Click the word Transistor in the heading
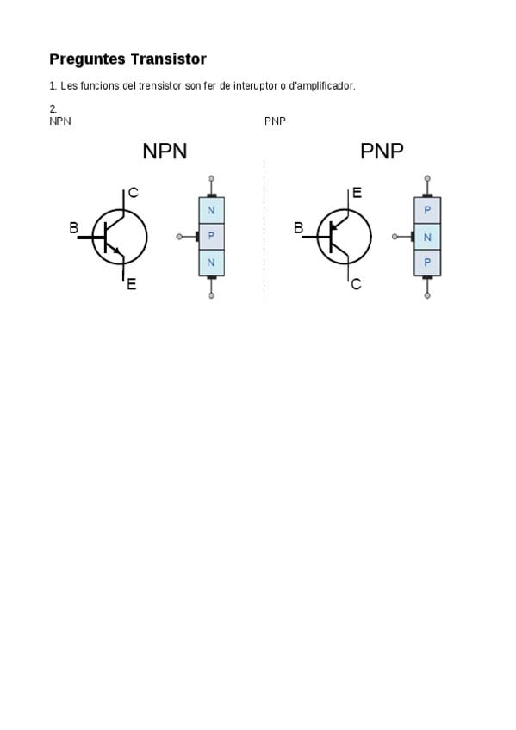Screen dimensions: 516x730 tap(168, 59)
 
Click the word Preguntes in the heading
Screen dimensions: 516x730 tap(88, 59)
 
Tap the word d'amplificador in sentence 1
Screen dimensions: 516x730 tap(322, 86)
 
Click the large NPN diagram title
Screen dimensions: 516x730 tap(165, 152)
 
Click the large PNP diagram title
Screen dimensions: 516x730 tap(382, 152)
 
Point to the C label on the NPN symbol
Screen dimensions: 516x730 tap(134, 193)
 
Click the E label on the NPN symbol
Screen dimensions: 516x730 tap(131, 284)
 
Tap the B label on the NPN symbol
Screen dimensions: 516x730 tap(73, 227)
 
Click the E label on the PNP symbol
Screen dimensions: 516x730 tap(357, 193)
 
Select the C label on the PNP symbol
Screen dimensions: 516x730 tap(357, 284)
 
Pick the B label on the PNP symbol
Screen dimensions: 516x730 tap(299, 227)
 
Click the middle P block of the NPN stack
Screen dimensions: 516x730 tap(211, 237)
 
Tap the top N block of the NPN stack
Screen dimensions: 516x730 tap(211, 210)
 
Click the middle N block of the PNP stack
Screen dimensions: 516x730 tap(427, 237)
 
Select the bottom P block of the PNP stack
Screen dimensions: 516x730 tap(427, 263)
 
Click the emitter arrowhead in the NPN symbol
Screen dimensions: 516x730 tap(117, 251)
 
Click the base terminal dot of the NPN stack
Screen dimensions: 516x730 tap(179, 237)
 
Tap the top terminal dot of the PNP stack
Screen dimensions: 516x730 tap(427, 178)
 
